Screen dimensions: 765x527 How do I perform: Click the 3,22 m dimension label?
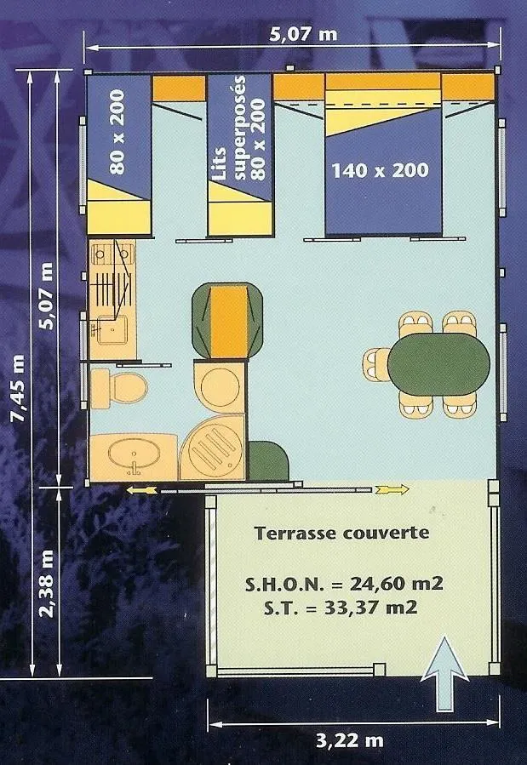[x=349, y=740]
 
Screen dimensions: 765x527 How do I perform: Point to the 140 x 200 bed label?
[x=381, y=170]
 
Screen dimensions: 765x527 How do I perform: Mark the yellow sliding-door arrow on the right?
[x=392, y=489]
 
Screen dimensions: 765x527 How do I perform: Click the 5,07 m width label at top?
[x=291, y=35]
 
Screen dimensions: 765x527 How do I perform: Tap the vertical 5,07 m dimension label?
[x=47, y=294]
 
